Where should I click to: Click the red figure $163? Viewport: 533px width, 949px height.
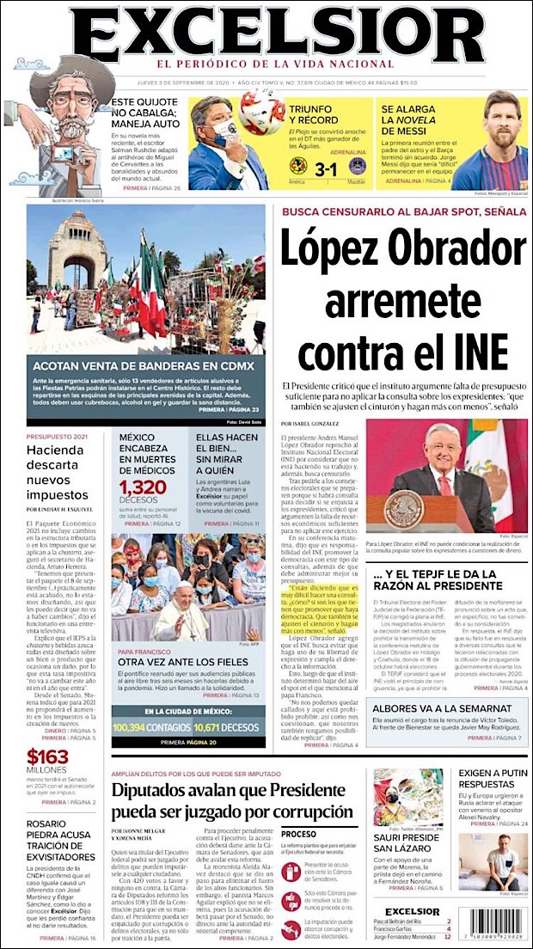click(47, 757)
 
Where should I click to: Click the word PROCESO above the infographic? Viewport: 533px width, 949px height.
click(299, 834)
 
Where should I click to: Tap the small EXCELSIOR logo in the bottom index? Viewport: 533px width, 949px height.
click(412, 911)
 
